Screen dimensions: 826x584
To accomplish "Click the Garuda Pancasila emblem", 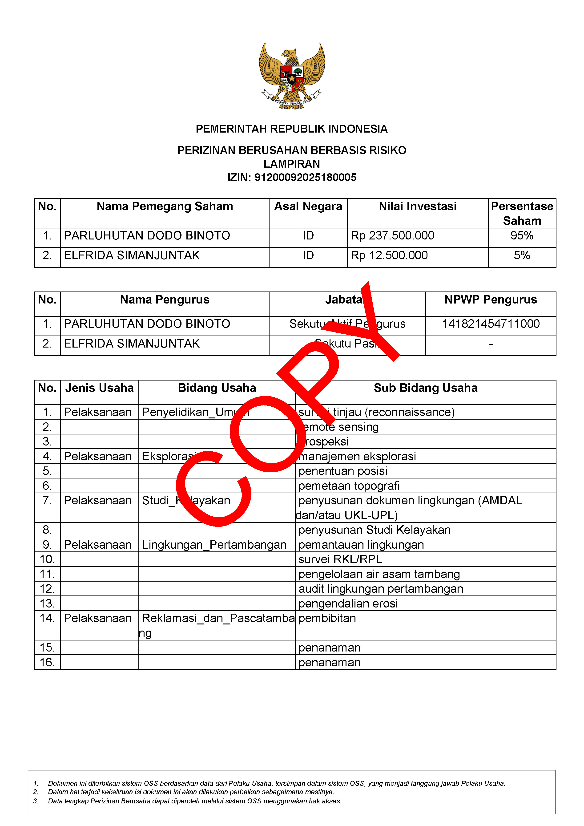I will [x=292, y=76].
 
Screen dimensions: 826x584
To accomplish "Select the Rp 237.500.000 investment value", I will [x=392, y=236].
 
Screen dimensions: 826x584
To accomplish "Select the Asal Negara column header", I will [x=308, y=206].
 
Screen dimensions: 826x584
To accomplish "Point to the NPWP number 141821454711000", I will [x=491, y=324].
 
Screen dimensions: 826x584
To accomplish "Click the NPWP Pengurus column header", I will [x=491, y=300].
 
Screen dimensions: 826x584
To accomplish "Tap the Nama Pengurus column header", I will [x=165, y=300].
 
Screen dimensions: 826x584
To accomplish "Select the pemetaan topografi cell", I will [x=349, y=486].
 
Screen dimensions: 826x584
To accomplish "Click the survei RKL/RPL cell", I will [x=340, y=559].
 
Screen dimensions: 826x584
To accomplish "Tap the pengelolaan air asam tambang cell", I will [x=379, y=574].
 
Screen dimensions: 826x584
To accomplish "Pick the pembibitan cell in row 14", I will [x=327, y=618].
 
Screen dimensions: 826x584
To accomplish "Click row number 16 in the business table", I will [x=47, y=662].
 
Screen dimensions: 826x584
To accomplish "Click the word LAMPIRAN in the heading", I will [x=292, y=164].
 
